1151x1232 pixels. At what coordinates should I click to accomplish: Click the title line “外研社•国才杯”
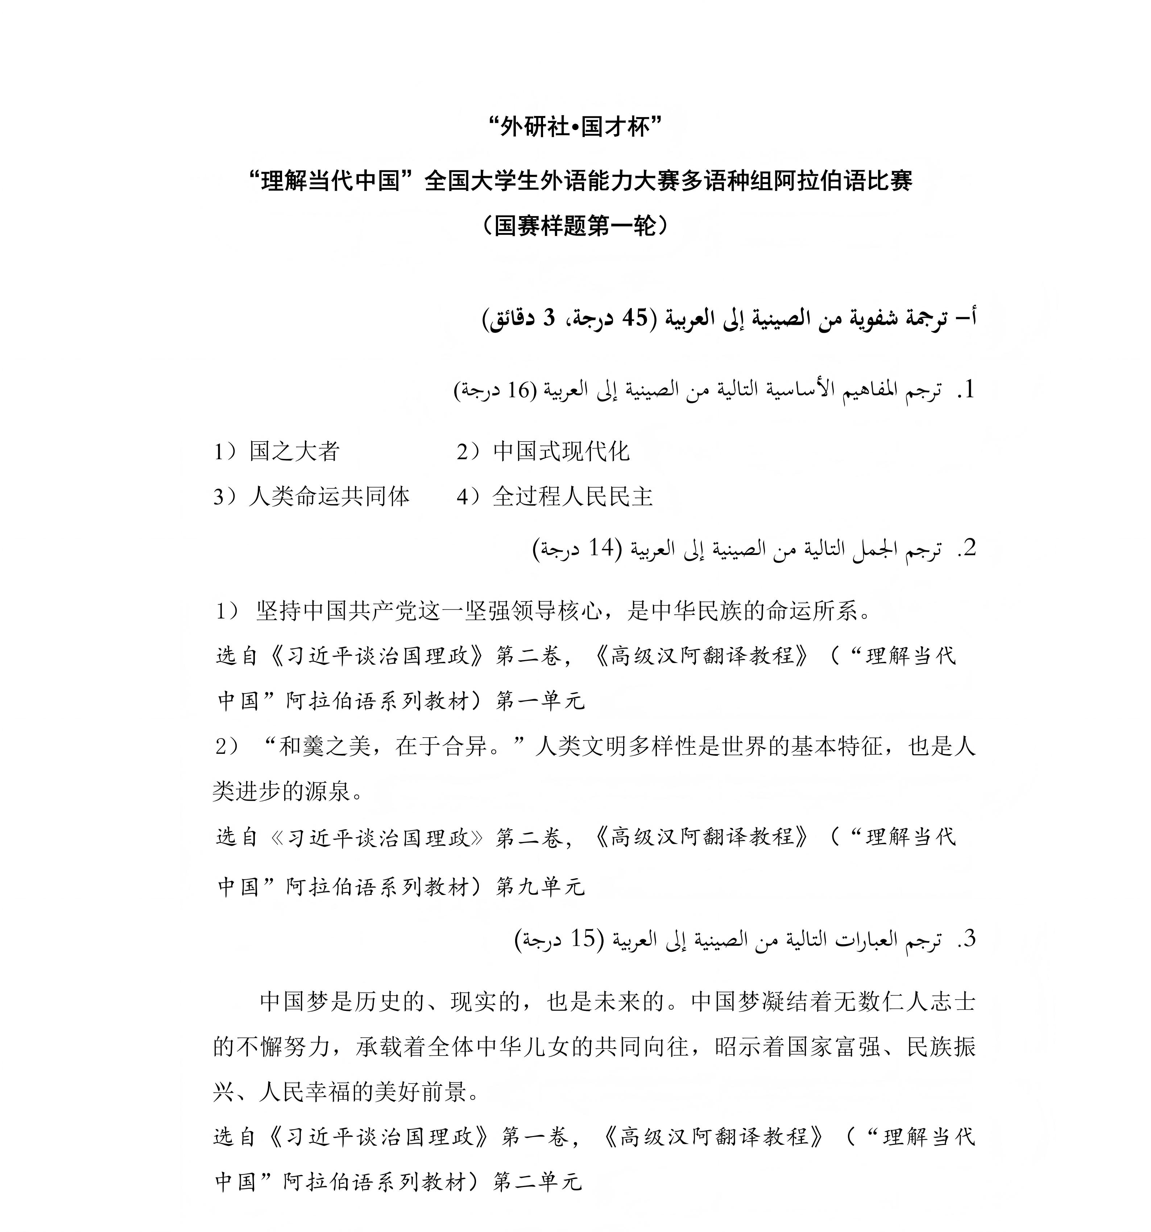575,127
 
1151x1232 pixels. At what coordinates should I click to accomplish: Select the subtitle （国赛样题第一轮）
575,225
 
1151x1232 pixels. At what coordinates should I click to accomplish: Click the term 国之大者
294,451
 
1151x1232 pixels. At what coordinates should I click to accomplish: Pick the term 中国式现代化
561,451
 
